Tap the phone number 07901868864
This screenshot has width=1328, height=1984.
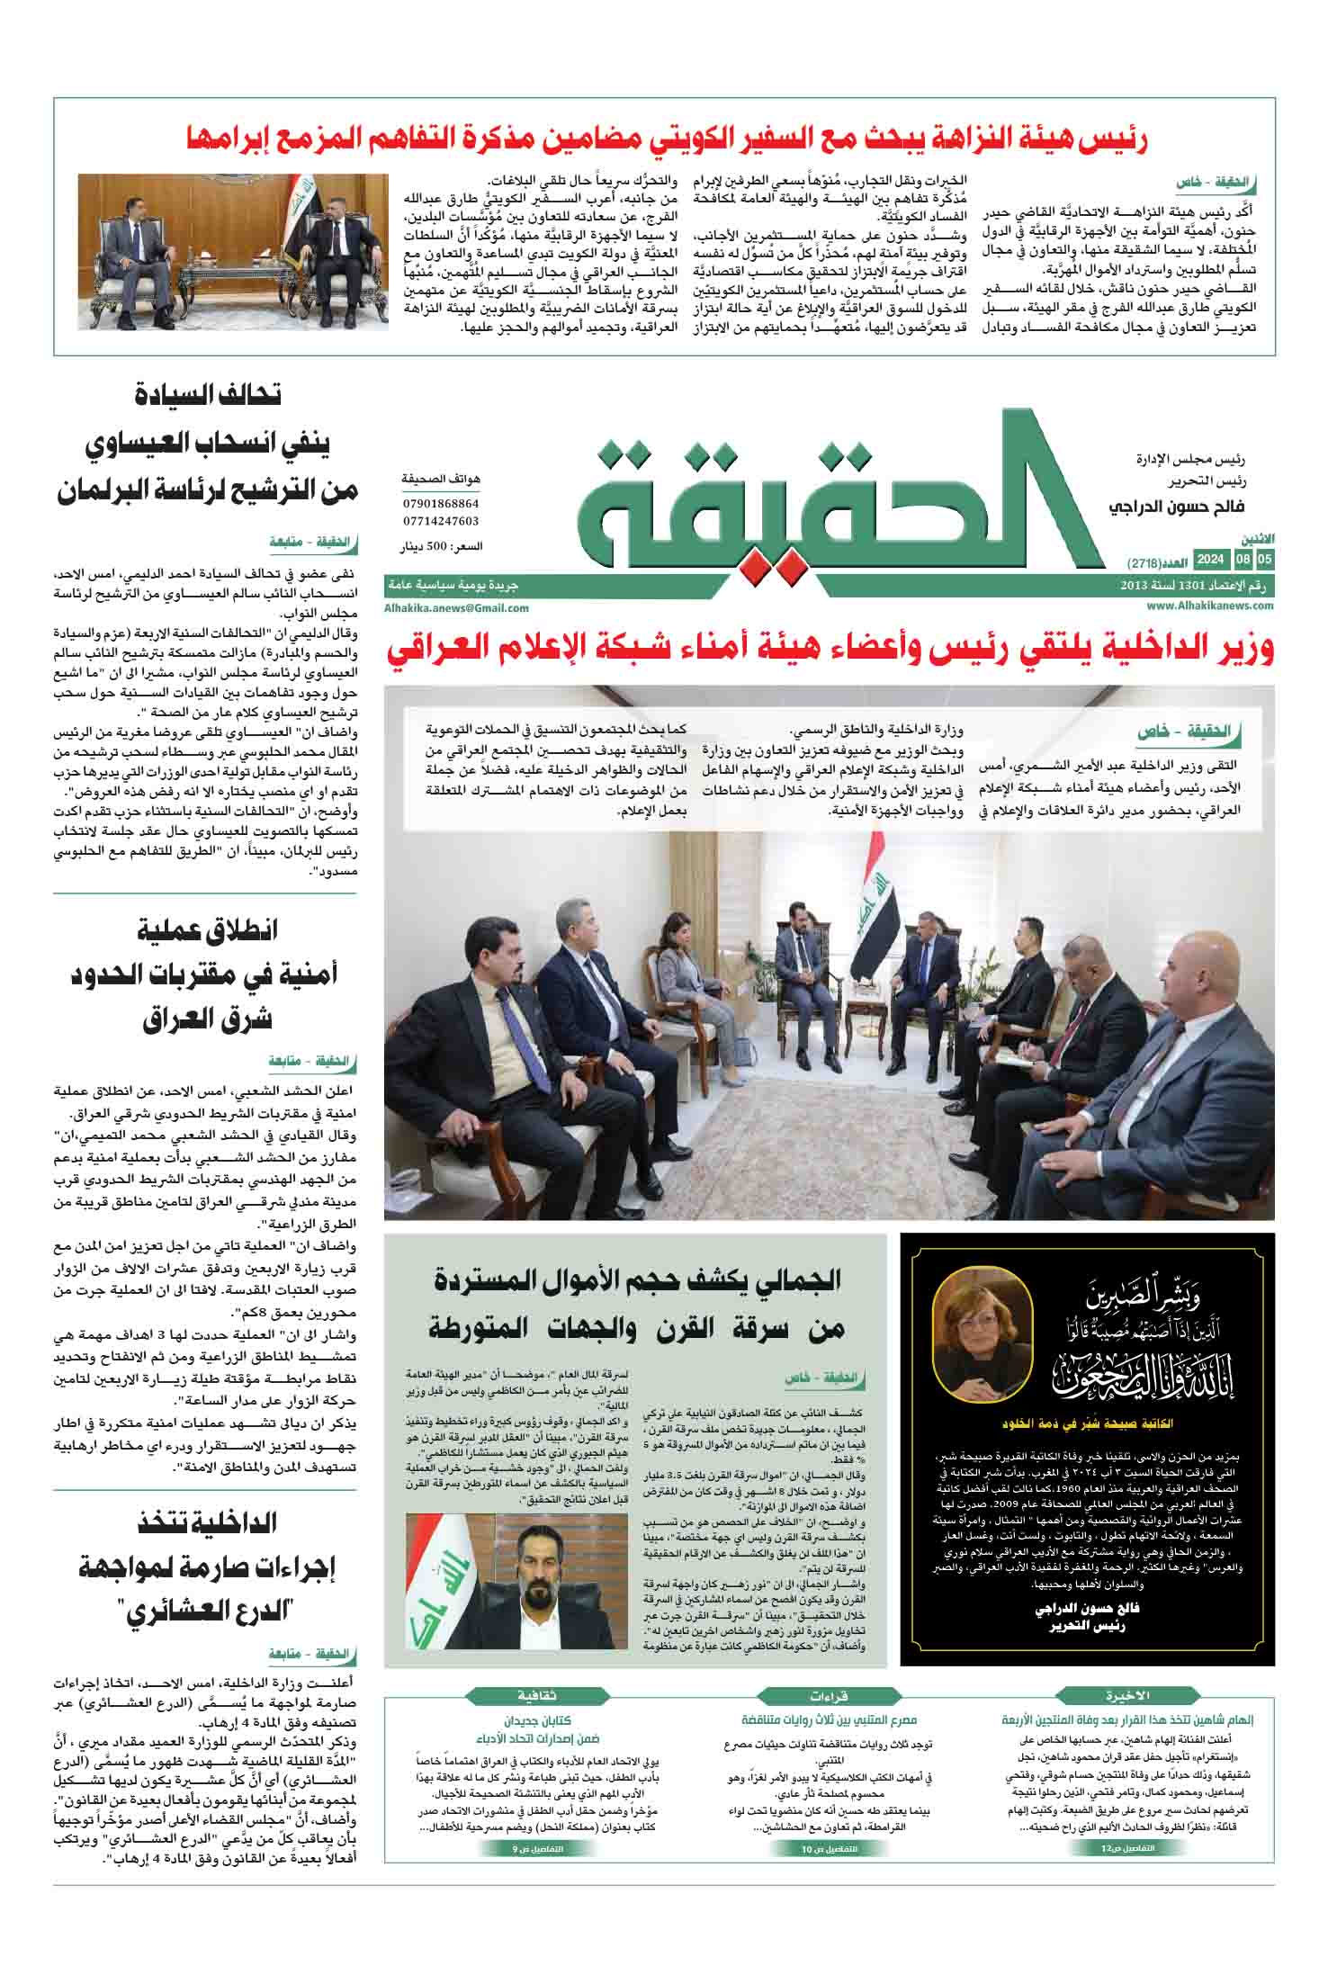pyautogui.click(x=441, y=504)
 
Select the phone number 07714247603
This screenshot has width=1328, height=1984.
pyautogui.click(x=441, y=521)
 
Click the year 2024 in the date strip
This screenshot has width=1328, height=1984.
pyautogui.click(x=1209, y=561)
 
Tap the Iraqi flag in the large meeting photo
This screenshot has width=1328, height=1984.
pyautogui.click(x=878, y=918)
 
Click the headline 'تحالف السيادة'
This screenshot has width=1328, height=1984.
pyautogui.click(x=207, y=395)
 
